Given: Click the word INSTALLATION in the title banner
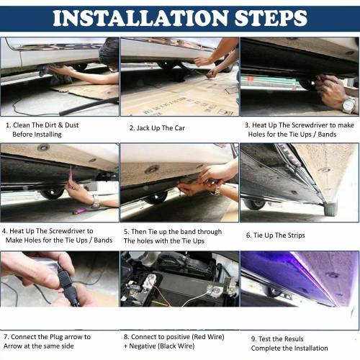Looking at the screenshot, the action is tap(140, 18).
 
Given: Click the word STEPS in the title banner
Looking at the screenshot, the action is tap(271, 18).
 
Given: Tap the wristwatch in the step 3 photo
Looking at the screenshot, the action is tap(349, 104).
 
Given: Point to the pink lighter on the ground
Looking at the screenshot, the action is tap(79, 211).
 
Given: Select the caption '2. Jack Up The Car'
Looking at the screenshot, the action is tap(157, 128).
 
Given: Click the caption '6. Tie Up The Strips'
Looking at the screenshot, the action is tap(276, 235).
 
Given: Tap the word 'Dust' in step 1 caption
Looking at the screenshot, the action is tap(72, 125).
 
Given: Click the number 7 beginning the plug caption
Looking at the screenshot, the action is tap(6, 337).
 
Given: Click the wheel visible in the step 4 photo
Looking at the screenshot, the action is tap(52, 193).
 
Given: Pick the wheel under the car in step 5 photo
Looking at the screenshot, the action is tap(156, 197).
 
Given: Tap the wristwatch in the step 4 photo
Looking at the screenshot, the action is tap(96, 202).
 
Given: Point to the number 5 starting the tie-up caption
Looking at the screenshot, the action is tap(126, 232).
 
